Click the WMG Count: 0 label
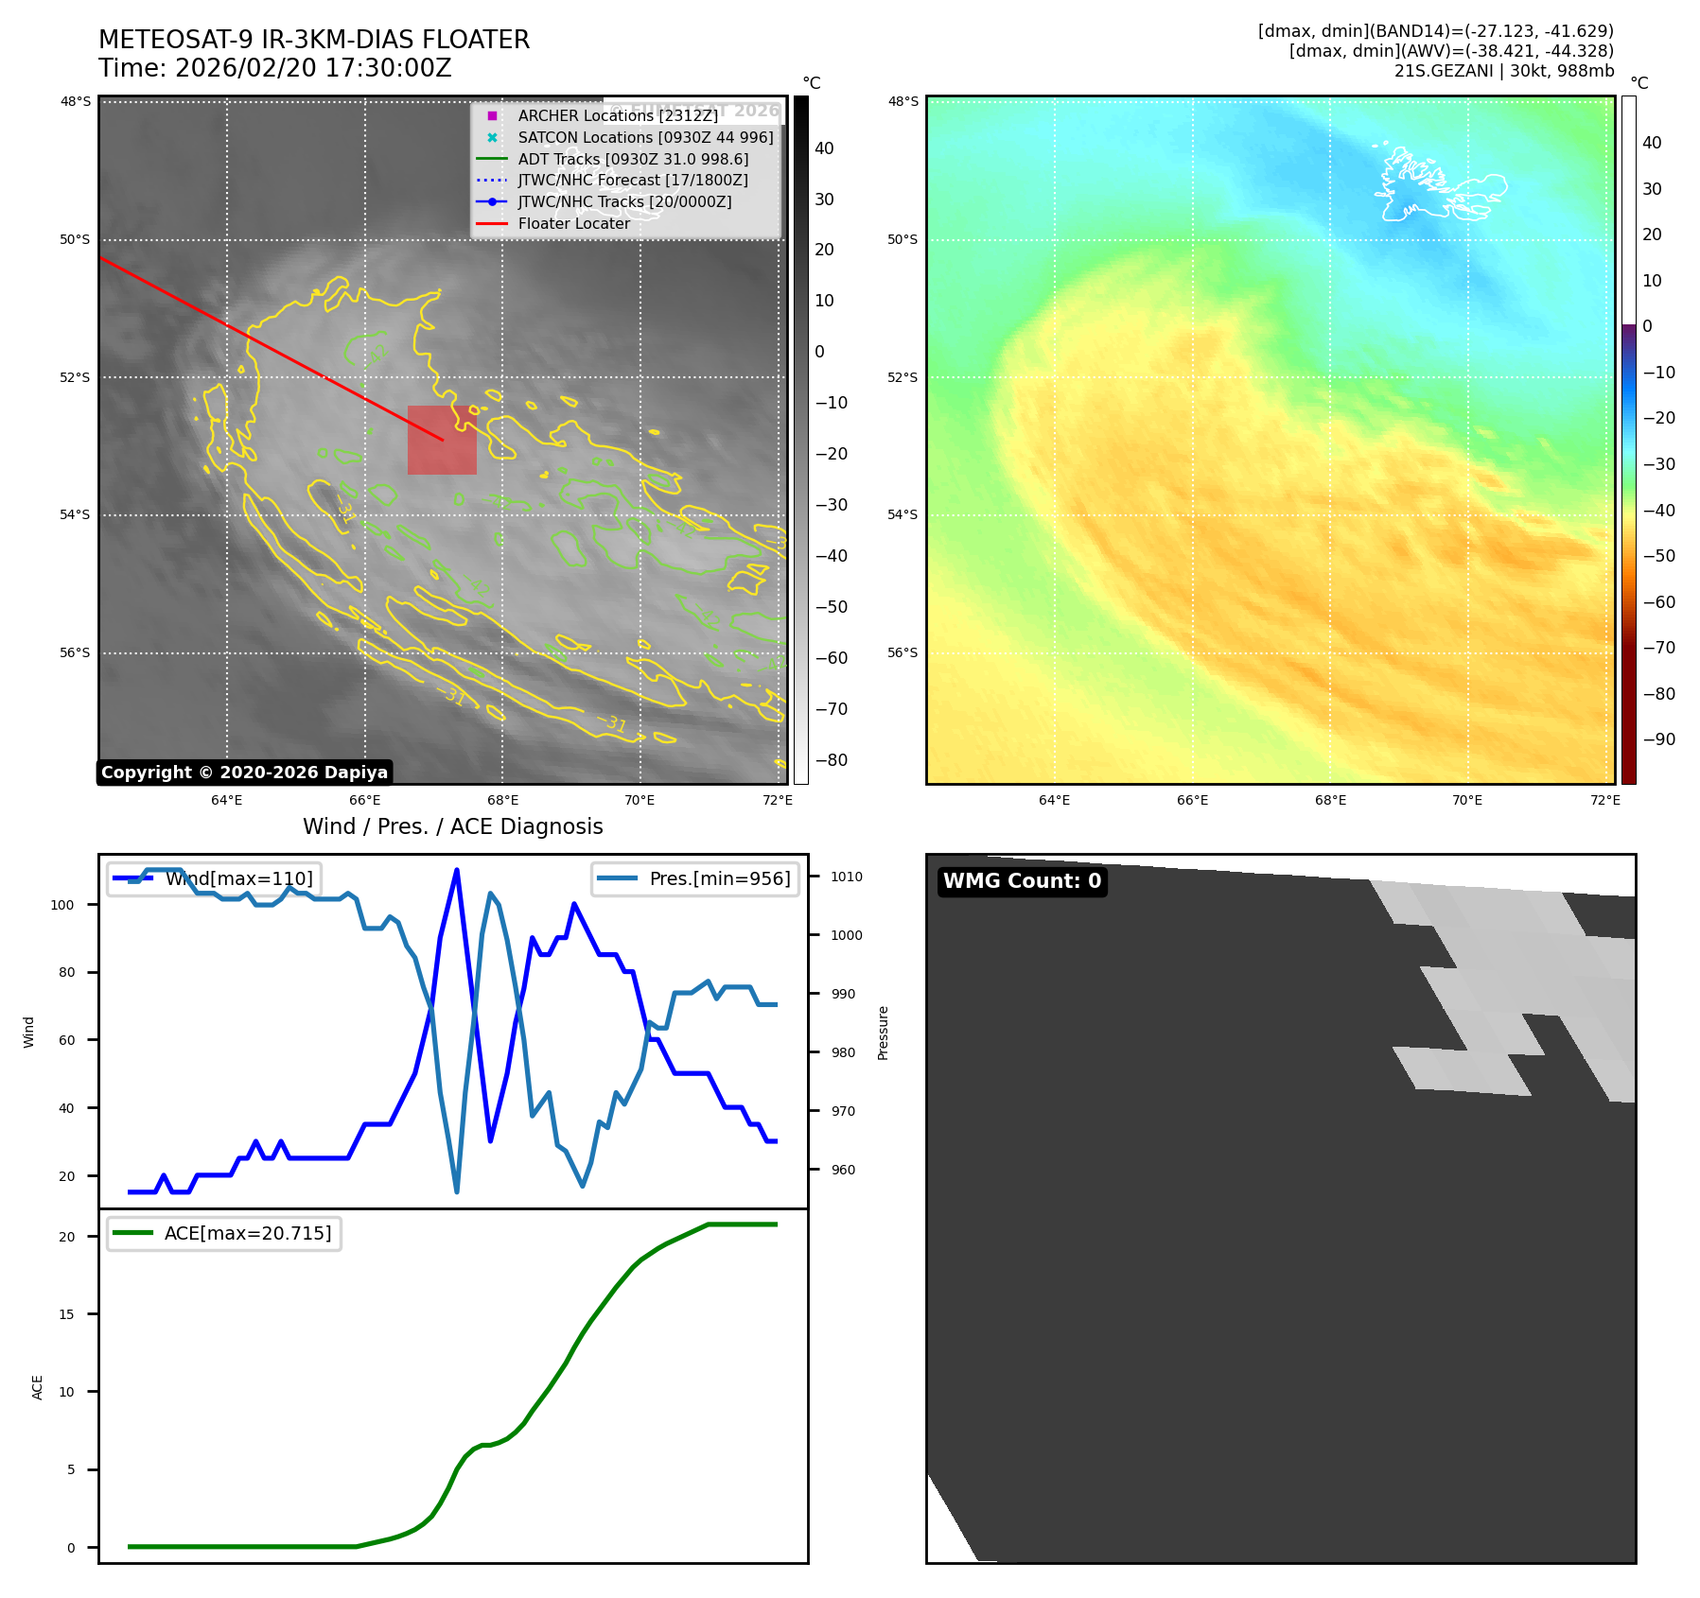pyautogui.click(x=1022, y=881)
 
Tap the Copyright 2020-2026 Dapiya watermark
pyautogui.click(x=244, y=773)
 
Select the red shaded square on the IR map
pyautogui.click(x=442, y=440)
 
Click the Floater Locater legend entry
pyautogui.click(x=573, y=224)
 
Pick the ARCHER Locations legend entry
pyautogui.click(x=617, y=115)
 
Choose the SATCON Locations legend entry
pyautogui.click(x=645, y=137)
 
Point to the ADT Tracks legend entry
pyautogui.click(x=633, y=159)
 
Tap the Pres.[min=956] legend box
pyautogui.click(x=695, y=878)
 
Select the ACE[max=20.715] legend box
pyautogui.click(x=224, y=1233)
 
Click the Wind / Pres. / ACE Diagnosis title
pyautogui.click(x=452, y=826)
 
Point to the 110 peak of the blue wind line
pyautogui.click(x=457, y=870)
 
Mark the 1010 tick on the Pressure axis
pyautogui.click(x=846, y=877)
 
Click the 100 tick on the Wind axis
pyautogui.click(x=62, y=905)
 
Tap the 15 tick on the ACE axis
pyautogui.click(x=66, y=1314)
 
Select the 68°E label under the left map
pyautogui.click(x=502, y=801)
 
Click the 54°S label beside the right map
pyautogui.click(x=902, y=515)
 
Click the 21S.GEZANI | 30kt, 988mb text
pyautogui.click(x=1503, y=71)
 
